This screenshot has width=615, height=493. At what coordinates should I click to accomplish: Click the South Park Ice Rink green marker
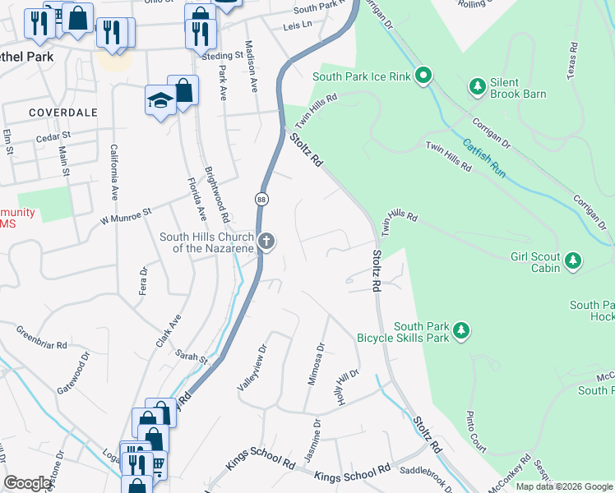[x=423, y=77]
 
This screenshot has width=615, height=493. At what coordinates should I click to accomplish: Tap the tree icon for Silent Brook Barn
[x=476, y=85]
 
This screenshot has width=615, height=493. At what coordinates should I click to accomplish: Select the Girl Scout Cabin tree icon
[x=573, y=262]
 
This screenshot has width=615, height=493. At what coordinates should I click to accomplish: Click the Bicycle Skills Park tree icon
[x=461, y=330]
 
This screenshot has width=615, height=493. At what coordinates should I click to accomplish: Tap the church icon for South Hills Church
[x=266, y=242]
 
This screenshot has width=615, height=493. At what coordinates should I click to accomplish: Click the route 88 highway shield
[x=261, y=200]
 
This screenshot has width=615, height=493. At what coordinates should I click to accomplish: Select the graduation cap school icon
[x=160, y=100]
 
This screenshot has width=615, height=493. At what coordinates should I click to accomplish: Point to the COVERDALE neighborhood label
[x=62, y=112]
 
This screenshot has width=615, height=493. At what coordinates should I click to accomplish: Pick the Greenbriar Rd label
[x=42, y=338]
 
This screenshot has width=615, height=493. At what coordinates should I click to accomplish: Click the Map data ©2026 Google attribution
[x=563, y=486]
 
